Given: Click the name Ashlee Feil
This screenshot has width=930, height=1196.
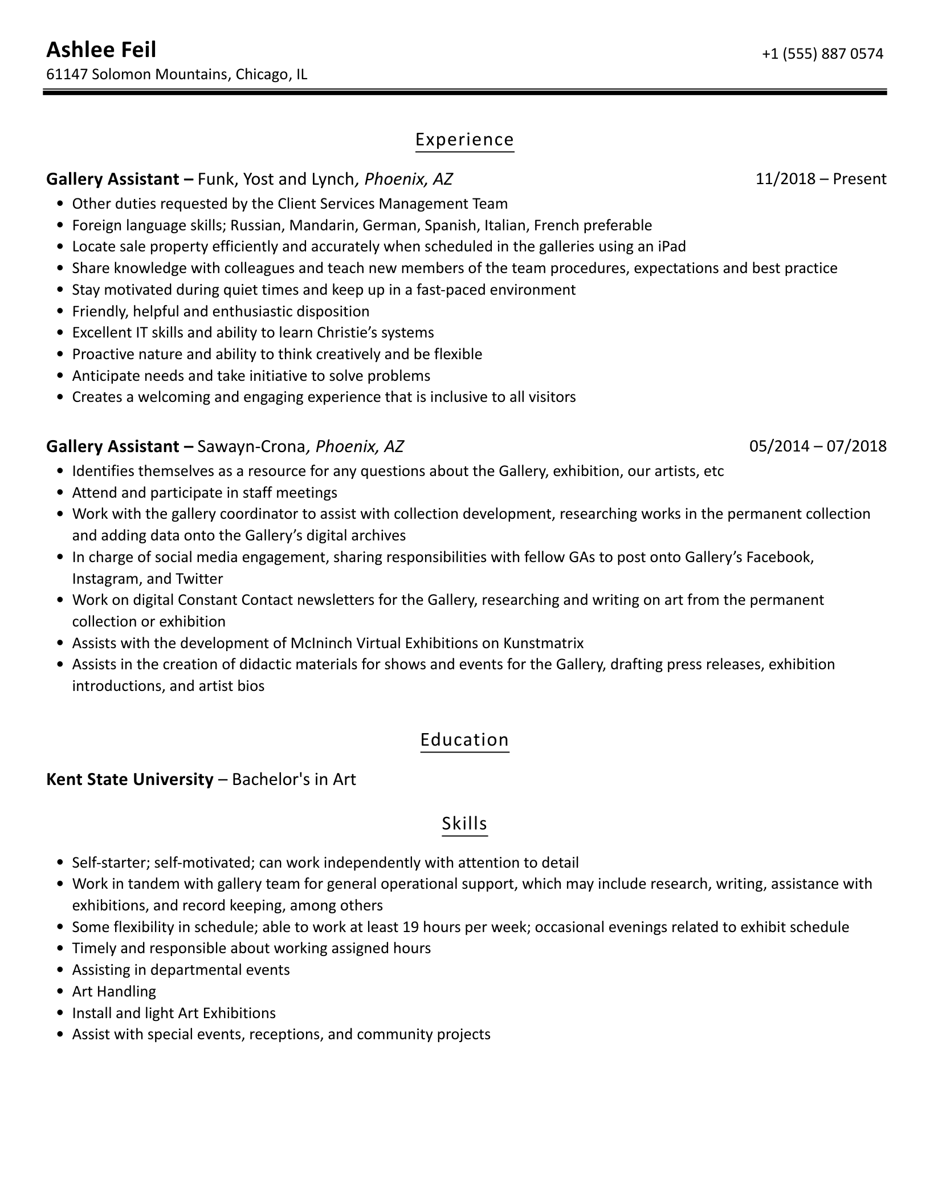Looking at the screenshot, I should click(101, 50).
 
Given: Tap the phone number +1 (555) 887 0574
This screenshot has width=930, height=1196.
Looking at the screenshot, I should click(822, 54).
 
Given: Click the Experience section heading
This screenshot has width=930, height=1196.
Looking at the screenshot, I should click(464, 140).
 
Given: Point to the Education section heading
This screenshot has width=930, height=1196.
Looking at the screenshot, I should click(464, 739).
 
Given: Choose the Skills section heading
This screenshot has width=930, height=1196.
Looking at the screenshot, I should click(464, 823).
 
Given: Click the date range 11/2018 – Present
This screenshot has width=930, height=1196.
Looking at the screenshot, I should click(821, 179).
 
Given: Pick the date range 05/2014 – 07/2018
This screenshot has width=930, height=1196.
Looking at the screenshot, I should click(818, 446).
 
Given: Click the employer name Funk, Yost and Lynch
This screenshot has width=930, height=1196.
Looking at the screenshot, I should click(276, 179).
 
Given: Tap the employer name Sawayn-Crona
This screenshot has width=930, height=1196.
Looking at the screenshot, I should click(251, 446).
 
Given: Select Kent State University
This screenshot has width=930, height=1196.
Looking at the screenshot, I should click(130, 779).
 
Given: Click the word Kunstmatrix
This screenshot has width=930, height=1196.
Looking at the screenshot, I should click(543, 643).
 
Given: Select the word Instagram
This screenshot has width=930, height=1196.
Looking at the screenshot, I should click(105, 579).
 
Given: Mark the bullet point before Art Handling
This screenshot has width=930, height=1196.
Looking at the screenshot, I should click(61, 992).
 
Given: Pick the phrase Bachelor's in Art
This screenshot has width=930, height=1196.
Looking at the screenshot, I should click(294, 779).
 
